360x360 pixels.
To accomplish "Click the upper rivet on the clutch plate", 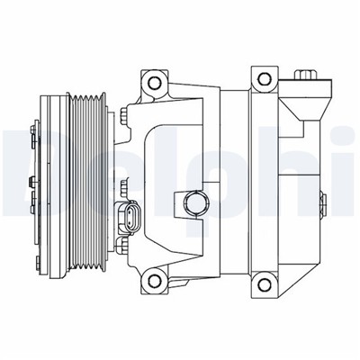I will click(32, 135).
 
